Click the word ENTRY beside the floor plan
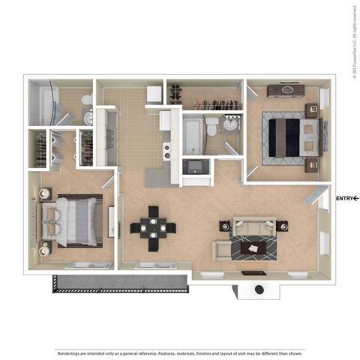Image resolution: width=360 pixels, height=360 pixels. tap(345, 198)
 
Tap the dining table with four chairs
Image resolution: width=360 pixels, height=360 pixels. tap(153, 227)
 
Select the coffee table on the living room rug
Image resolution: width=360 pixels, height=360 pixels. tap(252, 246)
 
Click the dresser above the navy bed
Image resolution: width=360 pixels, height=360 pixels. tap(282, 91)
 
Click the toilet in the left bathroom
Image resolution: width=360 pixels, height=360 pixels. tap(87, 99)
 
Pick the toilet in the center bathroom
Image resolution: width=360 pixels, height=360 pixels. tap(211, 125)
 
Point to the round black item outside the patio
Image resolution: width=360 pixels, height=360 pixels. tap(259, 289)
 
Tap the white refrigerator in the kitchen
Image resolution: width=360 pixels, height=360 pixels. tap(154, 94)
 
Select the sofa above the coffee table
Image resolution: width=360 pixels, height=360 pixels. tap(252, 225)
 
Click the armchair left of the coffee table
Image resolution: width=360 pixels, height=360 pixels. tap(222, 249)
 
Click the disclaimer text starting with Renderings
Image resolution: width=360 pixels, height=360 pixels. tap(180, 352)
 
